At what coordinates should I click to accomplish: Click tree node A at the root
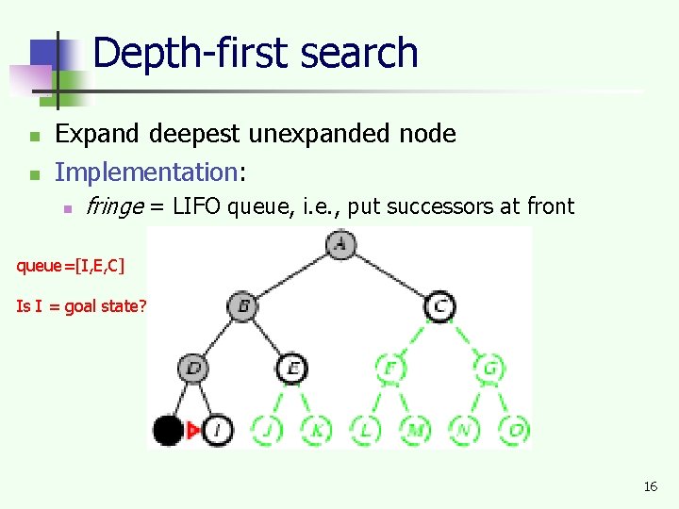click(x=339, y=244)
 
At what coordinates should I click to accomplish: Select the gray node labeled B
click(x=242, y=306)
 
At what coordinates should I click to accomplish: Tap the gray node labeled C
click(x=439, y=306)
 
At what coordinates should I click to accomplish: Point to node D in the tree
click(x=193, y=368)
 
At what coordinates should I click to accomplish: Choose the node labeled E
click(x=292, y=368)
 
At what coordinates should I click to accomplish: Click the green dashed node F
click(x=389, y=368)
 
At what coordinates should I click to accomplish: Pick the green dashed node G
click(x=490, y=368)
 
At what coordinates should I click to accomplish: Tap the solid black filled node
click(x=168, y=431)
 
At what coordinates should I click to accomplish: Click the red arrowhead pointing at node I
click(x=192, y=431)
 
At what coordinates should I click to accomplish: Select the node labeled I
click(x=218, y=431)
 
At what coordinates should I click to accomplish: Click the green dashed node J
click(x=267, y=431)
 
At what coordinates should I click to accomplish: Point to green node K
click(x=316, y=431)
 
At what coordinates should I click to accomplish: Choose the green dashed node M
click(x=415, y=431)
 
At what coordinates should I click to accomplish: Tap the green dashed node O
click(x=515, y=431)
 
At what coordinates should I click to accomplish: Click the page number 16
click(x=650, y=486)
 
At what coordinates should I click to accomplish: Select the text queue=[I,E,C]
click(x=70, y=266)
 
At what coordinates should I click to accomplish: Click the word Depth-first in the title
click(x=175, y=53)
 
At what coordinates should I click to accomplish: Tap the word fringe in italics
click(x=113, y=206)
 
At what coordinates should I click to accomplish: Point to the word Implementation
click(x=144, y=172)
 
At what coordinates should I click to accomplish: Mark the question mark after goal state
click(x=141, y=306)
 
